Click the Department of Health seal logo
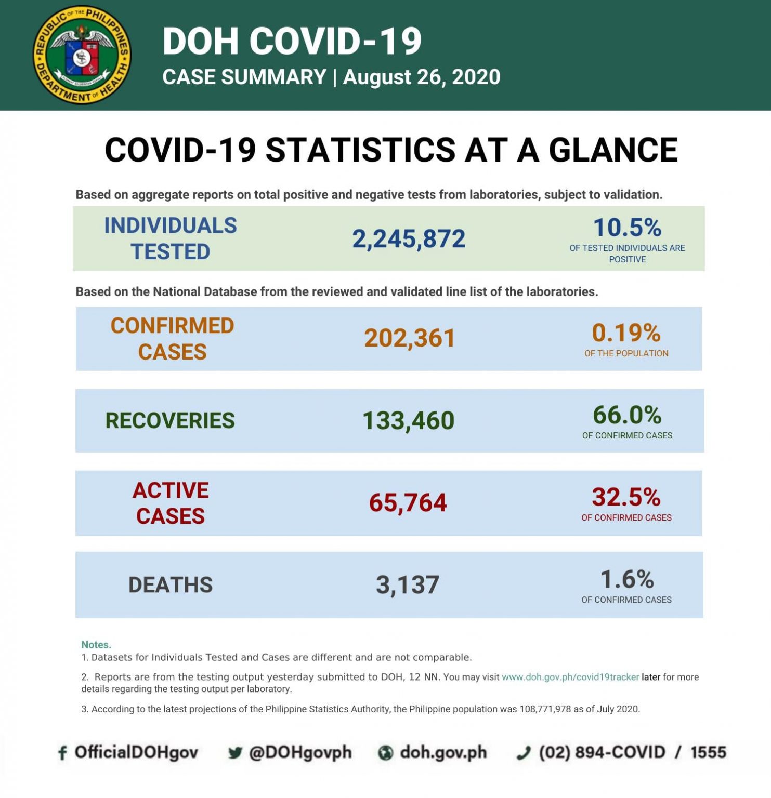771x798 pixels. (x=82, y=55)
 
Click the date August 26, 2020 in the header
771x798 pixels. (x=422, y=77)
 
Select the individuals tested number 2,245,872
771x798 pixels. (x=409, y=239)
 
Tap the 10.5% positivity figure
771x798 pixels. (x=627, y=228)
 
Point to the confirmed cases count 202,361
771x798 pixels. (x=409, y=338)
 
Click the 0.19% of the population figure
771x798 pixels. (x=626, y=333)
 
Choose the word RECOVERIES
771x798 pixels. (x=170, y=420)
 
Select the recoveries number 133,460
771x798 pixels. (x=408, y=420)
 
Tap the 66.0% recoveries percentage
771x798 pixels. (x=627, y=415)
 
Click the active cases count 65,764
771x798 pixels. (x=408, y=503)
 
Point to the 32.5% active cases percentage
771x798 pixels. (x=626, y=497)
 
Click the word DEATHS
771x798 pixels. (x=171, y=585)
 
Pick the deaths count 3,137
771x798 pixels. (x=408, y=585)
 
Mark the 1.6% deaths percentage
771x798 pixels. (x=626, y=579)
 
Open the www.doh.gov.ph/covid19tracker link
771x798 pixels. (x=570, y=677)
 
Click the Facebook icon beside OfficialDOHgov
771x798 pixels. (x=62, y=753)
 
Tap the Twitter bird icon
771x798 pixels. (x=235, y=753)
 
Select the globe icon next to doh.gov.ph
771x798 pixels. (x=385, y=753)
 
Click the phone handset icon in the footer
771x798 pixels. (x=524, y=753)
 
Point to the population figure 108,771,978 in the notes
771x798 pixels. (x=545, y=709)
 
